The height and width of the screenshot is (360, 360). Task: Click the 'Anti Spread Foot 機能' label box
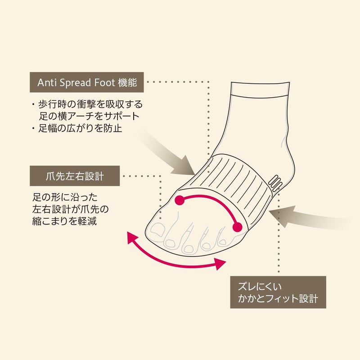tap(87, 82)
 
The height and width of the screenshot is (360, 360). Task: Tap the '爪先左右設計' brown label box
tap(75, 176)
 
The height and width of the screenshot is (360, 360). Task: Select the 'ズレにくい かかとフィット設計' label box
tap(278, 292)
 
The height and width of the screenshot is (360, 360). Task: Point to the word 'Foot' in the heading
tap(104, 82)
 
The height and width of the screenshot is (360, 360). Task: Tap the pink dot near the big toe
tap(180, 200)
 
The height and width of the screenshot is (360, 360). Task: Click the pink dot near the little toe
tap(237, 227)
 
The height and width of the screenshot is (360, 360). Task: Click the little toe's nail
tap(222, 242)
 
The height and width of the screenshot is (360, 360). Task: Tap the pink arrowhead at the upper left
tap(132, 238)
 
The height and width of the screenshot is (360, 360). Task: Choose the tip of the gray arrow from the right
tap(269, 211)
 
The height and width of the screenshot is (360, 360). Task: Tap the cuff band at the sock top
tap(260, 90)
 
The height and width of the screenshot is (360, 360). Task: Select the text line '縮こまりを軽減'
tap(64, 221)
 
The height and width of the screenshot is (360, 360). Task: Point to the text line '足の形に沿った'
tap(65, 197)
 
